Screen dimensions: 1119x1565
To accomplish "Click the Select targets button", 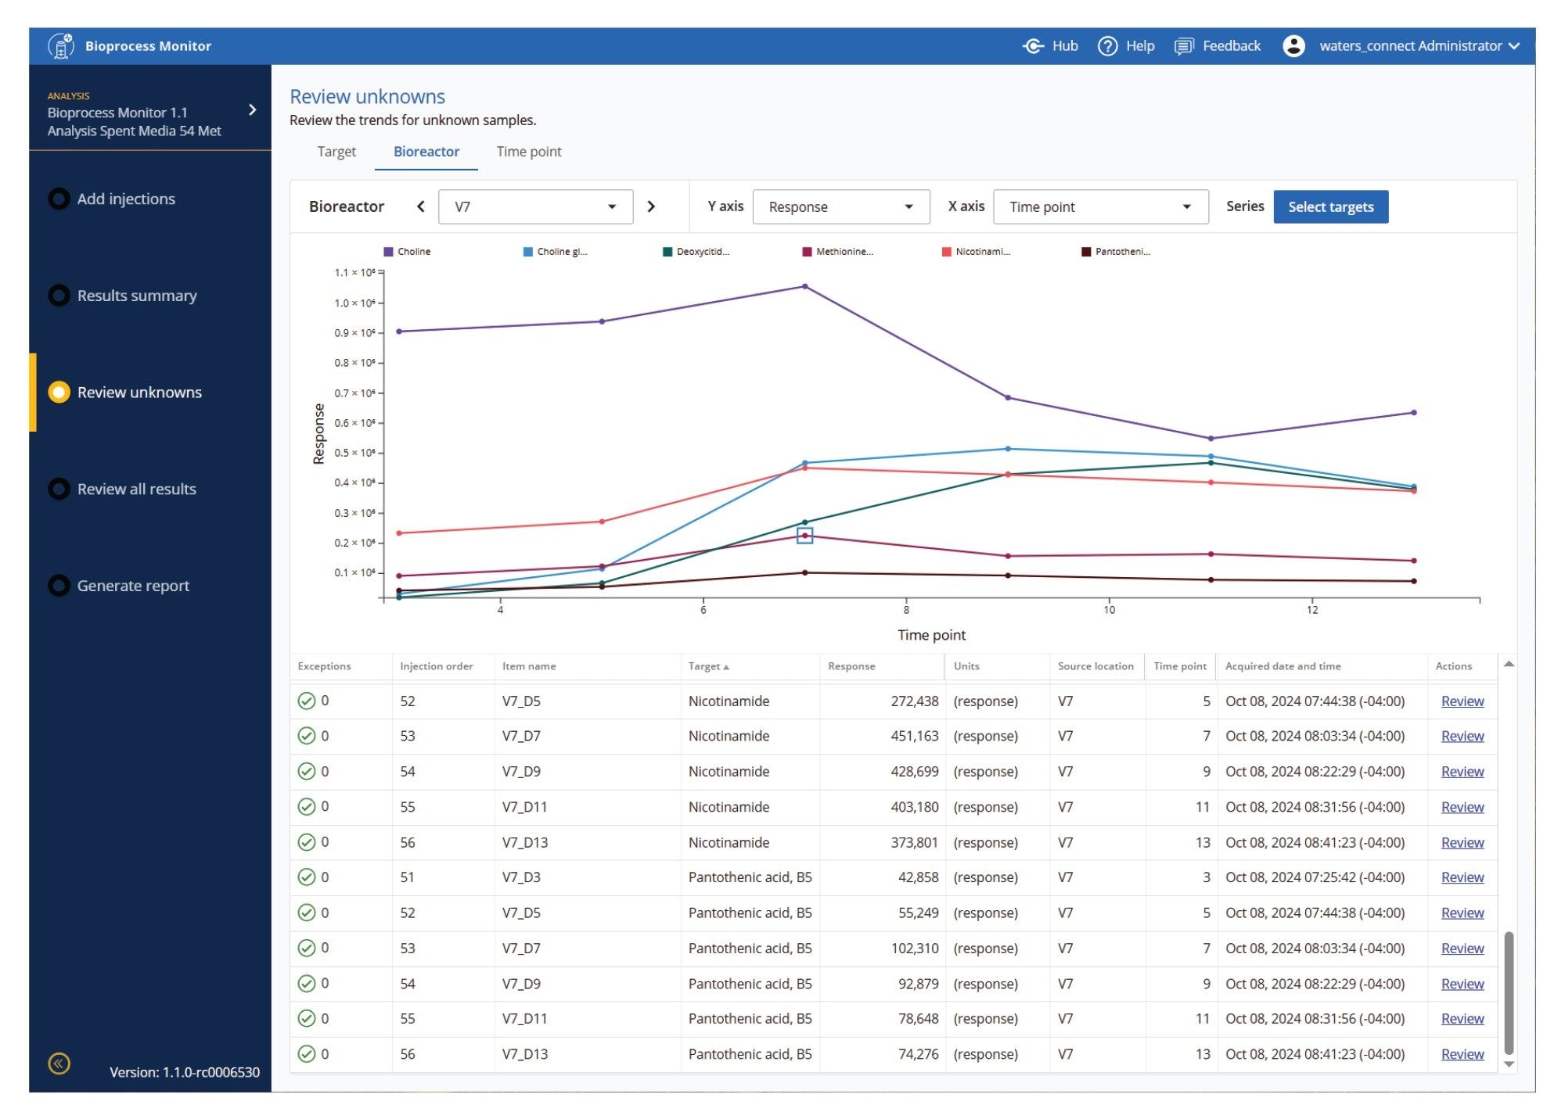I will tap(1329, 206).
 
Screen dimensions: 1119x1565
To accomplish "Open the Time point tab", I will tap(528, 152).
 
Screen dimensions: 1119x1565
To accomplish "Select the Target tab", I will tap(336, 152).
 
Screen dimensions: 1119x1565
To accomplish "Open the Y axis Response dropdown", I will tap(840, 206).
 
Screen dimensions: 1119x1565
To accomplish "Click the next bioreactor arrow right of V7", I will tap(650, 206).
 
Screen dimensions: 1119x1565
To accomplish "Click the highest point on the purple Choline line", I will tap(804, 287).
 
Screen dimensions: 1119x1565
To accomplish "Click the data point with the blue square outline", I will tap(804, 536).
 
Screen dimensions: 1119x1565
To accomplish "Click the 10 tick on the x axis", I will tap(1109, 610).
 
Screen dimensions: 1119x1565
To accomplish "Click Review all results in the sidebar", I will tap(136, 489).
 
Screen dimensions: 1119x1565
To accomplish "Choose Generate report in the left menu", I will tap(133, 586).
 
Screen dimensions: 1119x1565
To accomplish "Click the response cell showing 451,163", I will tap(914, 736).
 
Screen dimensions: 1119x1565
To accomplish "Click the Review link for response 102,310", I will tap(1461, 949).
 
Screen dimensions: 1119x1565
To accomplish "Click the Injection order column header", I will tap(436, 666).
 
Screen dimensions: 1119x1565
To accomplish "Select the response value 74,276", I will tap(918, 1054).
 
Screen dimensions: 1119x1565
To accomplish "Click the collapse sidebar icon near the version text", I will tap(59, 1063).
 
